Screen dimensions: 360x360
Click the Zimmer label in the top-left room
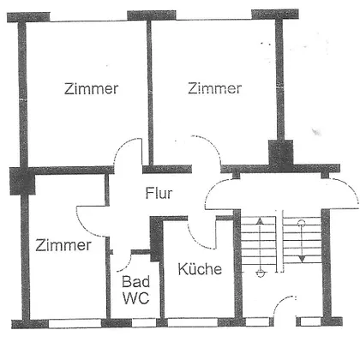(91, 89)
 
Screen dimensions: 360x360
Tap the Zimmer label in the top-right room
(215, 88)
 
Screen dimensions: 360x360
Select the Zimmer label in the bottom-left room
(63, 245)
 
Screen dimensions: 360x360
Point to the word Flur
(159, 194)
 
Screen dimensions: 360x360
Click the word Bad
(135, 282)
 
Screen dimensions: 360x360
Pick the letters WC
(136, 298)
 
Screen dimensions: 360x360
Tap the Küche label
(200, 269)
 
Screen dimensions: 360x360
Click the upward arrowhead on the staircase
(260, 220)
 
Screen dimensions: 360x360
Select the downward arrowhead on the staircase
(302, 259)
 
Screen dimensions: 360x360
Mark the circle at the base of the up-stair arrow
(260, 273)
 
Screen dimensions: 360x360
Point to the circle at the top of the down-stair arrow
(302, 223)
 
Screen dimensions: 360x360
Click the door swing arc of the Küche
(197, 240)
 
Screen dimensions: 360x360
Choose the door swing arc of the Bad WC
(126, 264)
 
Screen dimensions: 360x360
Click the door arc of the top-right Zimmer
(213, 145)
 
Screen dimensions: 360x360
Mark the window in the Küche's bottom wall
(193, 323)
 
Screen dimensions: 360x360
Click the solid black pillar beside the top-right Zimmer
(281, 156)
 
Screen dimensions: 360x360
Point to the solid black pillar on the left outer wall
(22, 181)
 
